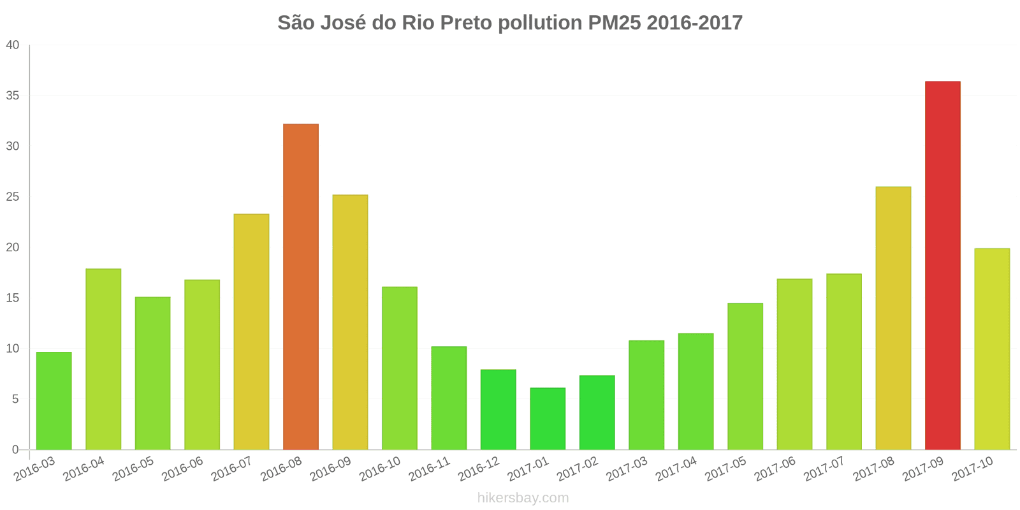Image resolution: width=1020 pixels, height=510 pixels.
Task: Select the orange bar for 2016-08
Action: coord(300,287)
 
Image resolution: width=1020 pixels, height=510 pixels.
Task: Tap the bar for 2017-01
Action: coord(548,419)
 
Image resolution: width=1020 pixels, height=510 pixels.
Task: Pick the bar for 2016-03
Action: coord(54,401)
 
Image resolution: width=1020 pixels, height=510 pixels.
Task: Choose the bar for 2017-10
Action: coord(992,349)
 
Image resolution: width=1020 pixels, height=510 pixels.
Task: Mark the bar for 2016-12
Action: coord(498,409)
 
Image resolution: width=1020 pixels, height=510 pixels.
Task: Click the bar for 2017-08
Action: coord(893,318)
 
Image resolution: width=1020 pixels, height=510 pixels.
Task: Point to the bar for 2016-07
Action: coord(251,331)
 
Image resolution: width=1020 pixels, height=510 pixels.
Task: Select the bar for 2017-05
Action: coord(745,376)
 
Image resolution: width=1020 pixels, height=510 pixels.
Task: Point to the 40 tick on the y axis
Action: coord(13,45)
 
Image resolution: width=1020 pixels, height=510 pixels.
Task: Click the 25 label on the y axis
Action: coord(13,197)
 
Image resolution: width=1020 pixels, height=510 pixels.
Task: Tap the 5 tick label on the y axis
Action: coord(15,400)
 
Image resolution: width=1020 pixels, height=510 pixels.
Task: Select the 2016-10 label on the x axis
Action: coord(380,470)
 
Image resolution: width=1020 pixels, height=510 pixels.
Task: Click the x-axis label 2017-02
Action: coord(578,470)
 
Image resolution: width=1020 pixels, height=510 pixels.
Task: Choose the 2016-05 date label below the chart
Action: coord(133,470)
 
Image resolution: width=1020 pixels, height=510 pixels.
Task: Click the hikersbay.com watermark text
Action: coord(523,498)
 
